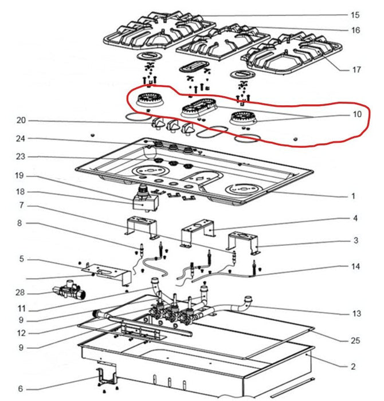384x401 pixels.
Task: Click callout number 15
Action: pos(355,14)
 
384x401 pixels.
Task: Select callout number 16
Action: pos(355,30)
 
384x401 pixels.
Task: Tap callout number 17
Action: pos(356,70)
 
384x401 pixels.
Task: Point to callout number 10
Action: pos(356,115)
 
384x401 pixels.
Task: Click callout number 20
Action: pos(22,120)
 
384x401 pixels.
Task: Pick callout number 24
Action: pos(22,139)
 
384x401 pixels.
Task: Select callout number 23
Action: pos(22,156)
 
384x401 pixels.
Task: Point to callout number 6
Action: pos(21,388)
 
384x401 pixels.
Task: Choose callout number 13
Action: pos(356,313)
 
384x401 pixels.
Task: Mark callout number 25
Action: pos(355,341)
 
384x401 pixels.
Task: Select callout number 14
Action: pos(355,267)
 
